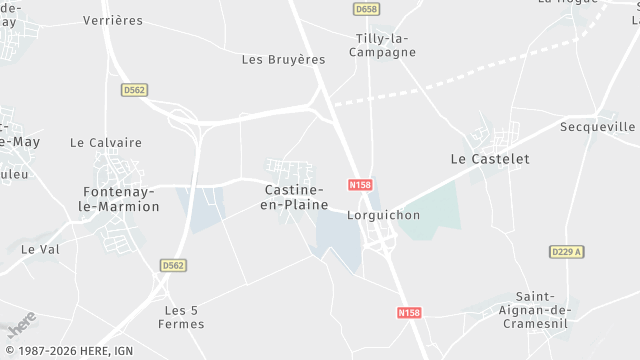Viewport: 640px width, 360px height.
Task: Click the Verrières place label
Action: [x=112, y=20]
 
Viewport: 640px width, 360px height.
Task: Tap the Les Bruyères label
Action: [x=284, y=59]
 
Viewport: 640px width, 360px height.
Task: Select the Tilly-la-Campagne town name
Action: [x=385, y=45]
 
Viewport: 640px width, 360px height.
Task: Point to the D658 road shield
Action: [x=366, y=9]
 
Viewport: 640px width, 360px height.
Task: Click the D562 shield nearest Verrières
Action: [x=134, y=90]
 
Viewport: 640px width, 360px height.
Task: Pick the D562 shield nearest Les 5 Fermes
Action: [x=172, y=265]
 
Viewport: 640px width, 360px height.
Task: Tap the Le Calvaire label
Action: [x=106, y=143]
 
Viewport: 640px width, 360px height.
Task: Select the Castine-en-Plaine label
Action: [x=295, y=196]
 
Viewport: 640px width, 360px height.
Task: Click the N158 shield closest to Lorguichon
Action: [x=361, y=185]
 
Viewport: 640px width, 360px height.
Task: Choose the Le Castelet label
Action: [x=490, y=159]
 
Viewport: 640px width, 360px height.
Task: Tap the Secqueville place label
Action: [x=598, y=127]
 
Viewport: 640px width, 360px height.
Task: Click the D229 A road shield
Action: [x=566, y=252]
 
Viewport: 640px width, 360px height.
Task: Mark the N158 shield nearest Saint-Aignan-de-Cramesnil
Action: [x=409, y=313]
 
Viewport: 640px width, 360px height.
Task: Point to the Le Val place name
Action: [x=41, y=248]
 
